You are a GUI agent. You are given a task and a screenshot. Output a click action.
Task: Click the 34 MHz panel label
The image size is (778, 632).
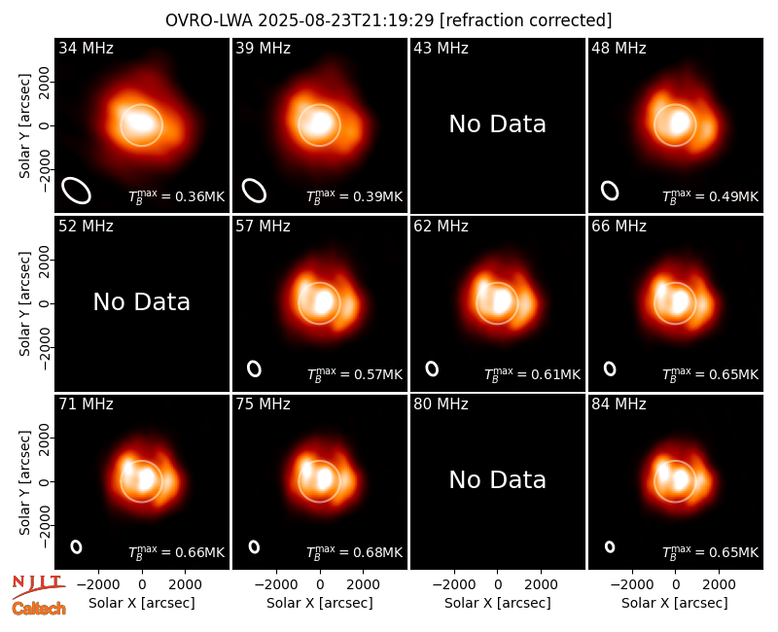click(x=86, y=48)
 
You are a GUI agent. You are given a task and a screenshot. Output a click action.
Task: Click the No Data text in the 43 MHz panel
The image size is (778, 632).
click(x=497, y=124)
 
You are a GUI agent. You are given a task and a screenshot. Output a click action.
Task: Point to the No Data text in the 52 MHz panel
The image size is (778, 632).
click(x=141, y=301)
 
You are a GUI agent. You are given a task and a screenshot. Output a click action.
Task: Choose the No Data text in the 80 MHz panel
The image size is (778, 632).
click(x=497, y=479)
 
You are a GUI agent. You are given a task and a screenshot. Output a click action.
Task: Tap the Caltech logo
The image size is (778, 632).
click(x=39, y=609)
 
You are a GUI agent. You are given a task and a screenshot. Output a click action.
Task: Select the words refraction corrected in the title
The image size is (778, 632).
click(x=526, y=20)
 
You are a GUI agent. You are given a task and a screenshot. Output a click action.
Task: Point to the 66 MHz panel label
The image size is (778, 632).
click(x=619, y=227)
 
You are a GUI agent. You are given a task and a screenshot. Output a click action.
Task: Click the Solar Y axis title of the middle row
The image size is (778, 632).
click(x=24, y=303)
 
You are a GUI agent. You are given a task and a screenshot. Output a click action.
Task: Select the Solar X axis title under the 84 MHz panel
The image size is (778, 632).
click(x=675, y=603)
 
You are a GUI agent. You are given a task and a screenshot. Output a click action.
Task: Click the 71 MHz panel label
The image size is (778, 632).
click(x=86, y=404)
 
